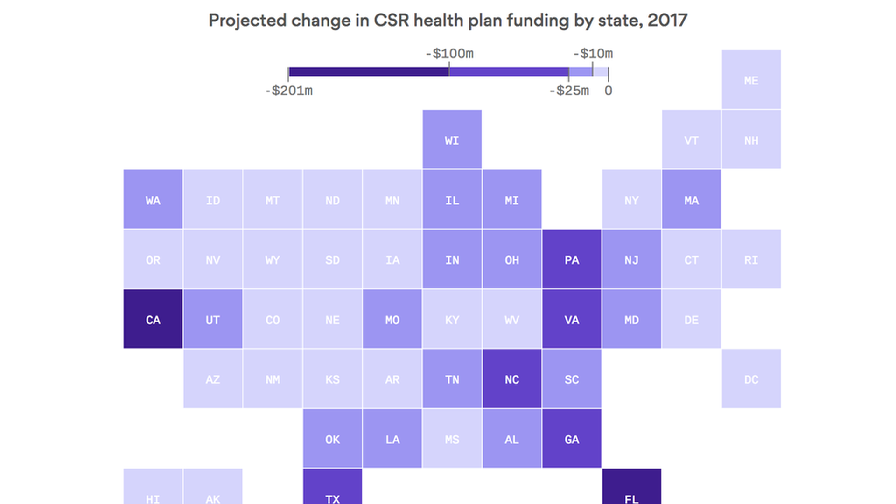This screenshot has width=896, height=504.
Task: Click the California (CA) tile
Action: [153, 319]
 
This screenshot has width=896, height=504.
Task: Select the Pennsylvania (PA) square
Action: [572, 259]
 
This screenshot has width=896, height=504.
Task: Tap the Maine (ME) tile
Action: [751, 80]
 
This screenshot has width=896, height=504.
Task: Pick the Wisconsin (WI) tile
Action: [452, 140]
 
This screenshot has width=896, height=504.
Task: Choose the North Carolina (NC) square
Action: [512, 379]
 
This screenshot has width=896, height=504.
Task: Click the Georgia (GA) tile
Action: [572, 439]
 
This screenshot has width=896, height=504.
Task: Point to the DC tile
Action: [751, 379]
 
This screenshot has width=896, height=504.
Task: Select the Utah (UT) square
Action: [213, 319]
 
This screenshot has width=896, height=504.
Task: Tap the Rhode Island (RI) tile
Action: [751, 259]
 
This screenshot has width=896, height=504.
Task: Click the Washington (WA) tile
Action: [153, 200]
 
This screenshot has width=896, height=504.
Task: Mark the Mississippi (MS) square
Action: [452, 439]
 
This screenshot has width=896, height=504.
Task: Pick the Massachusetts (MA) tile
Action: [691, 200]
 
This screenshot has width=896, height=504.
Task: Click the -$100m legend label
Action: [449, 54]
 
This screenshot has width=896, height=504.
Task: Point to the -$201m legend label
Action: [289, 91]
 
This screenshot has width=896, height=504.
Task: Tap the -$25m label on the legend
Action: [569, 91]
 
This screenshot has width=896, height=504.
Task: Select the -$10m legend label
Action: [593, 54]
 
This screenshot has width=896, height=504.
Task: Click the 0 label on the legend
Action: [608, 91]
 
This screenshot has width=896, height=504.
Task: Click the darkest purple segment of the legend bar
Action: [369, 72]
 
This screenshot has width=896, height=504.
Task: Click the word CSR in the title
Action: [391, 21]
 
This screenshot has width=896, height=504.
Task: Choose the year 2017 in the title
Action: [667, 21]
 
